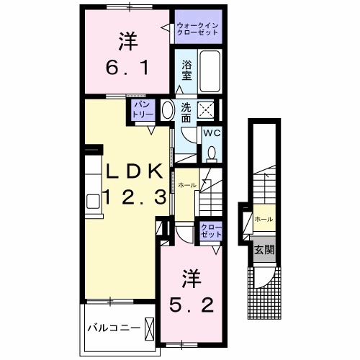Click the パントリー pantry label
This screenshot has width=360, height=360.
coord(140,110)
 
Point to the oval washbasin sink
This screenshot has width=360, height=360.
coord(167,111)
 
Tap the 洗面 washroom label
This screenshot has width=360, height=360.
coord(186,112)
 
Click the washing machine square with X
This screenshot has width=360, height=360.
coord(206,111)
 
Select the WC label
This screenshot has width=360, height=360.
coord(211,134)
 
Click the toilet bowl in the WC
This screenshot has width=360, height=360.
coord(212,152)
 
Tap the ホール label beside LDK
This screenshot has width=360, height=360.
coord(187,185)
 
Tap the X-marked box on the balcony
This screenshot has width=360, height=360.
coord(150,328)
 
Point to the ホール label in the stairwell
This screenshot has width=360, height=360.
coord(264,218)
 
